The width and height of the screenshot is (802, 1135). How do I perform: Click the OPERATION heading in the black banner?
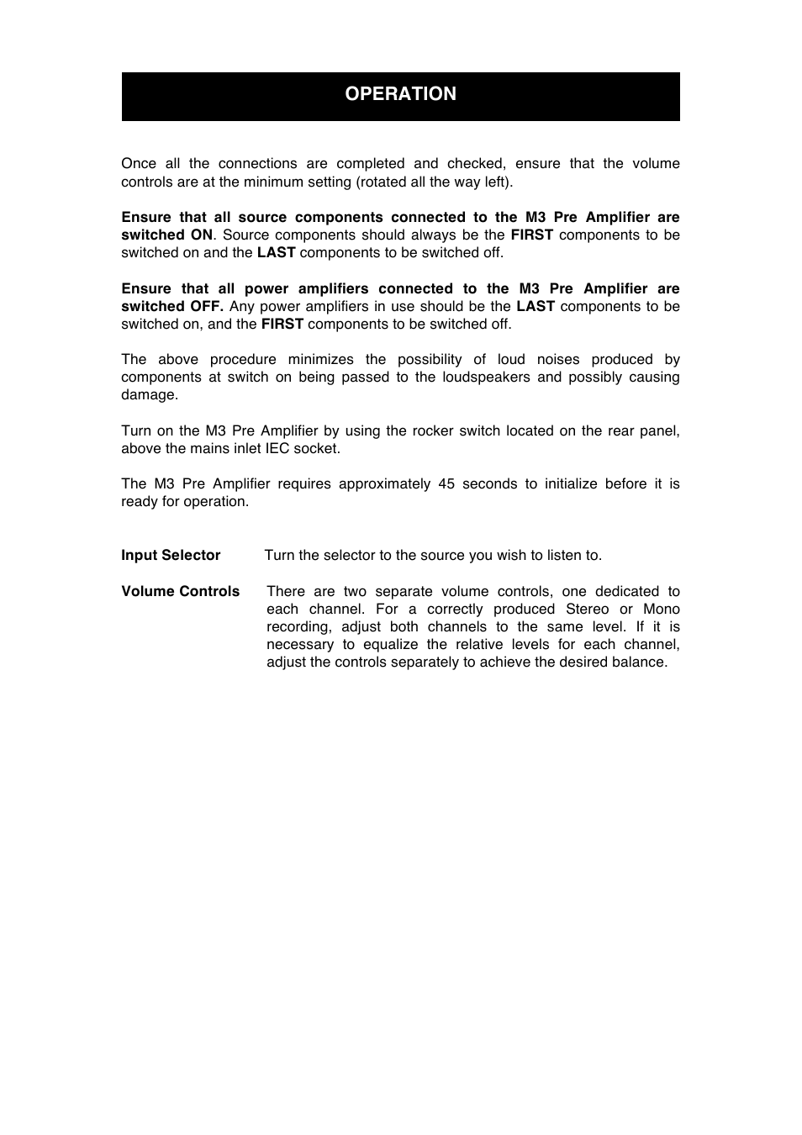pyautogui.click(x=400, y=94)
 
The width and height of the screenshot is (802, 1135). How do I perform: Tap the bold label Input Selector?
pyautogui.click(x=171, y=555)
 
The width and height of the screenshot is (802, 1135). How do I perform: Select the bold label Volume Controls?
pyautogui.click(x=180, y=591)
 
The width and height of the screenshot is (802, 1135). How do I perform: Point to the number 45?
pyautogui.click(x=446, y=483)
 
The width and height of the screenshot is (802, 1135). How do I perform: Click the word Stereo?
pyautogui.click(x=587, y=609)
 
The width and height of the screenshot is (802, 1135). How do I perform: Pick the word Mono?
pyautogui.click(x=661, y=609)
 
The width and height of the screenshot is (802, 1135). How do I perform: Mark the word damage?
pyautogui.click(x=149, y=394)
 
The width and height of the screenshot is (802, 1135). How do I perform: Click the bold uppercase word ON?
pyautogui.click(x=201, y=235)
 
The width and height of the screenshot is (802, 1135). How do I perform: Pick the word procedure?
pyautogui.click(x=243, y=359)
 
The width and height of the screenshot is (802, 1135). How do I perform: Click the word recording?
pyautogui.click(x=298, y=626)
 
